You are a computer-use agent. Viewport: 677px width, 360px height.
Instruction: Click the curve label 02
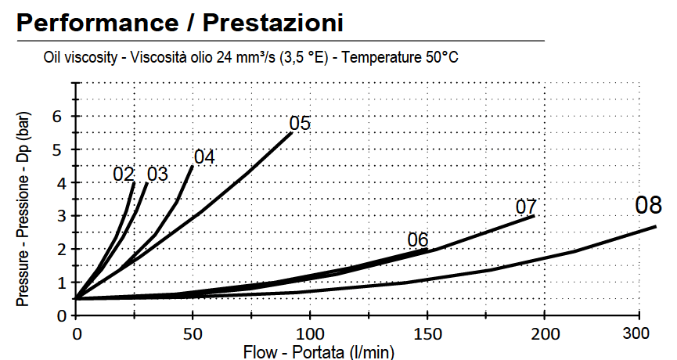(124, 174)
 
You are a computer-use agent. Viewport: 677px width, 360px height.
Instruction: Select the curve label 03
(157, 174)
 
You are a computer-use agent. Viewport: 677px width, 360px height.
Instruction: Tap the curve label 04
(203, 157)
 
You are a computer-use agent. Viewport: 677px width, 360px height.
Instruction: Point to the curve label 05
(300, 124)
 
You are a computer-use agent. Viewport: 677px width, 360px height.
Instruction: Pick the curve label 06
(418, 239)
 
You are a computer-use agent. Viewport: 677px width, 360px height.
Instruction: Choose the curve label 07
(526, 207)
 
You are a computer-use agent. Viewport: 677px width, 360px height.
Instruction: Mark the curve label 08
(649, 207)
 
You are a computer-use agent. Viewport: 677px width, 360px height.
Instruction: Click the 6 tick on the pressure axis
(56, 117)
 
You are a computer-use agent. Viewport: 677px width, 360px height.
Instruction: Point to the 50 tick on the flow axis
(192, 334)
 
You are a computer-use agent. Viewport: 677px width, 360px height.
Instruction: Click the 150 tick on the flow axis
(427, 334)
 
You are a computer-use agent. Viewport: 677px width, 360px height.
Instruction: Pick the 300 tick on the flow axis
(640, 334)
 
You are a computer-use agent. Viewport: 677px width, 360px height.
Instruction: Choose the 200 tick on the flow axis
(544, 334)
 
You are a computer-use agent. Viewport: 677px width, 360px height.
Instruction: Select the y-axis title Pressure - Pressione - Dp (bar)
(23, 207)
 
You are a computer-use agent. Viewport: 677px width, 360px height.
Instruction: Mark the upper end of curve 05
(292, 133)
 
